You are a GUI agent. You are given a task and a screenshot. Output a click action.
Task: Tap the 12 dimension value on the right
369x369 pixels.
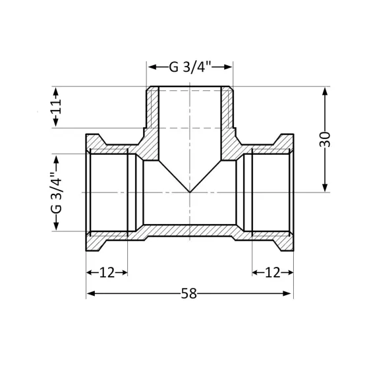click(272, 271)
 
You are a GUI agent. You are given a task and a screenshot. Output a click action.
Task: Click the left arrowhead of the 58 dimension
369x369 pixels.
click(90, 293)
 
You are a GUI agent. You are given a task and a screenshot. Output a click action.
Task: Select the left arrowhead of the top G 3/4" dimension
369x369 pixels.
click(150, 67)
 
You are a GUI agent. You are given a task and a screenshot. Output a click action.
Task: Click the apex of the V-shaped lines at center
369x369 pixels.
click(189, 192)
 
